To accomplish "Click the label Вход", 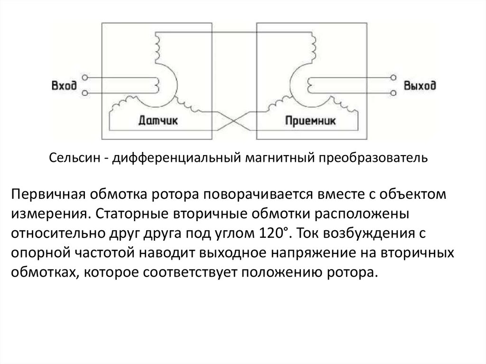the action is click(64, 85).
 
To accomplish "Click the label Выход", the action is click(420, 85).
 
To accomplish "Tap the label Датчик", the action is click(158, 120).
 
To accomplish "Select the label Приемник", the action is click(310, 120).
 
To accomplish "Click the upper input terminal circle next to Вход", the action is click(84, 77).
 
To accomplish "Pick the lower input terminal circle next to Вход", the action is click(84, 93).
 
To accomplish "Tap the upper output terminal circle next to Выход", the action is click(393, 77).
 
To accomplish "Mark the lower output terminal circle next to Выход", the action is click(393, 93).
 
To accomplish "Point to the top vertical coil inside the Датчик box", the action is click(157, 48).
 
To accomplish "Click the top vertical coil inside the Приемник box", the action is click(313, 48).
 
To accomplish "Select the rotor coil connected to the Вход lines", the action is click(157, 85).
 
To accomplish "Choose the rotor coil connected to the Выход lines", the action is click(310, 85).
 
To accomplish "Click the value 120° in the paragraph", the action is click(273, 233).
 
